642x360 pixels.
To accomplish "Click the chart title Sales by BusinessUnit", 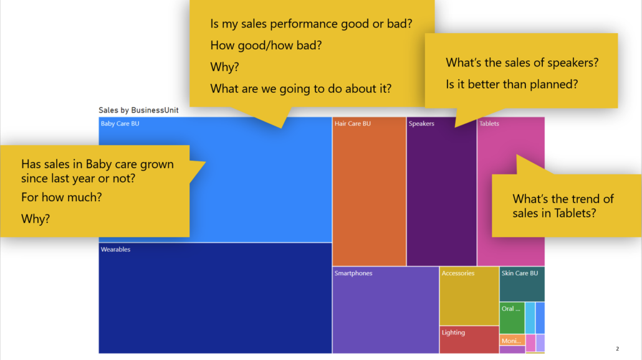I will click(138, 110).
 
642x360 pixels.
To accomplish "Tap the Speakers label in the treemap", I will click(421, 124).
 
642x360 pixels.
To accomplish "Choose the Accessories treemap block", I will click(469, 296).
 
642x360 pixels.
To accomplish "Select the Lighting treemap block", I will click(469, 340).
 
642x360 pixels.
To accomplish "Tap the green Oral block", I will click(512, 318).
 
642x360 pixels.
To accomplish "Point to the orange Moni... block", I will click(512, 341).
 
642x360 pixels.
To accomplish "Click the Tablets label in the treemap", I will click(489, 124).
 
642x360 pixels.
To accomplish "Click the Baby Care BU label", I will click(120, 124).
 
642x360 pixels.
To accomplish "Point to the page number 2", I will click(617, 348).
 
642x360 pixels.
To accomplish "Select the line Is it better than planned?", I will click(512, 84).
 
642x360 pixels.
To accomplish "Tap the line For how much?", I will click(62, 198).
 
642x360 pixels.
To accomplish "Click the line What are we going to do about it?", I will click(300, 88).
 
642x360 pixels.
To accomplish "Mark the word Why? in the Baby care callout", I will click(36, 219).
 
